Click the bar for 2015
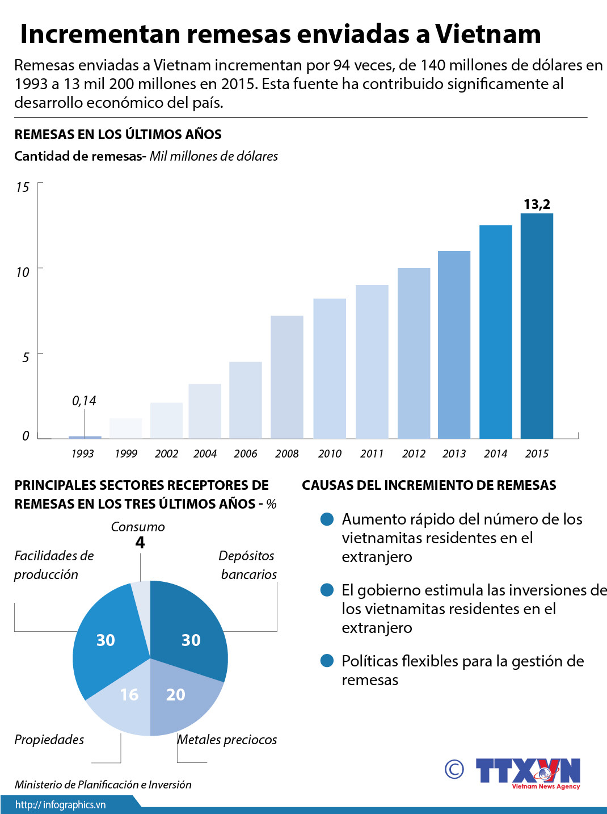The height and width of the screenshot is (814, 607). point(537,326)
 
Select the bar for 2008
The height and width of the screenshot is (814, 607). point(286,377)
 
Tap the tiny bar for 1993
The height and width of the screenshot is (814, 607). point(85,437)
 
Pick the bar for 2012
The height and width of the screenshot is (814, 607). point(414,353)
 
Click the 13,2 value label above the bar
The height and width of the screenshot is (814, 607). point(537,204)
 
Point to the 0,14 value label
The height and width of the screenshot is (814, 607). point(84,401)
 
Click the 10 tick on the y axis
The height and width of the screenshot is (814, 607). point(23,272)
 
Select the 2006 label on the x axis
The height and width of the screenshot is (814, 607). point(245,454)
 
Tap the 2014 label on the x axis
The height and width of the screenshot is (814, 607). point(495,454)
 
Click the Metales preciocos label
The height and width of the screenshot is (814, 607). point(227,740)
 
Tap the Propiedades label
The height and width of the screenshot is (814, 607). point(49,740)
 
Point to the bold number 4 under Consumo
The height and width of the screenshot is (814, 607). point(140,543)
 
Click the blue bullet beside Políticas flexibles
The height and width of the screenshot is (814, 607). point(327,661)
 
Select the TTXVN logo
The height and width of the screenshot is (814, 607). point(528,772)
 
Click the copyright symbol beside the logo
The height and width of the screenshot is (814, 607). point(454,769)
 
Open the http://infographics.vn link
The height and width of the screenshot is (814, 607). point(61,805)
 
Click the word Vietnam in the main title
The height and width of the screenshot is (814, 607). point(488,34)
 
